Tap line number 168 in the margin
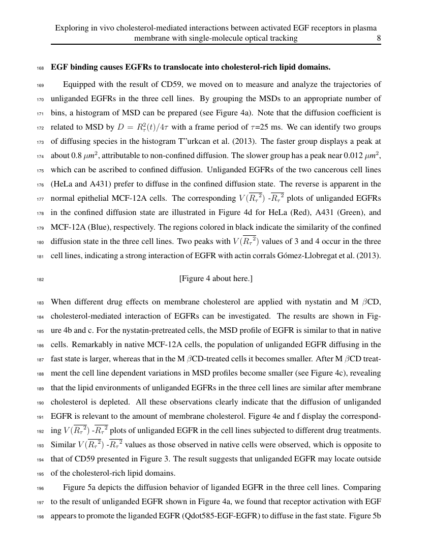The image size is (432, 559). click(41, 68)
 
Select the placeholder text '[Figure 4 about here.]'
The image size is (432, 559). click(216, 278)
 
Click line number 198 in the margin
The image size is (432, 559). click(41, 517)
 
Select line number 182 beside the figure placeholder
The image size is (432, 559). click(41, 279)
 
